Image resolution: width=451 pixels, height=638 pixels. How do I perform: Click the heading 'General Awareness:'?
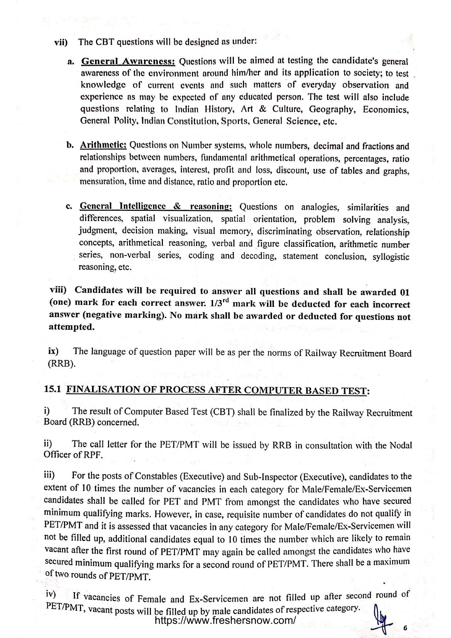coord(128,61)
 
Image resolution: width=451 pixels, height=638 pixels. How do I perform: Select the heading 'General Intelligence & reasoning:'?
coord(156,206)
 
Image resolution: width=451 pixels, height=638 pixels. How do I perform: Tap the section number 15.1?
coord(51,389)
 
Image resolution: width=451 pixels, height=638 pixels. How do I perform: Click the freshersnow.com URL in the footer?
coord(225,620)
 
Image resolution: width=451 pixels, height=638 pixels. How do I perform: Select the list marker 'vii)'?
coord(61,42)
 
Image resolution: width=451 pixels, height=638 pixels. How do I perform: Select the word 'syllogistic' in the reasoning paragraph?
coord(391,257)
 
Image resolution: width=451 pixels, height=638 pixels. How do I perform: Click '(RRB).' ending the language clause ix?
coord(61,364)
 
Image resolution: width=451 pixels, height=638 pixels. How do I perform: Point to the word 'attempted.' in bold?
coord(72,327)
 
